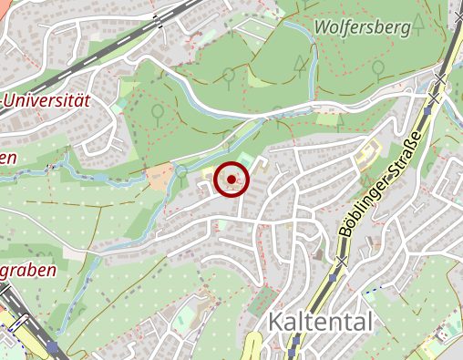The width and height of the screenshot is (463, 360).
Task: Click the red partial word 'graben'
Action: [x=27, y=270]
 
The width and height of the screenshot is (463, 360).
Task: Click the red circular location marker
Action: [x=231, y=180]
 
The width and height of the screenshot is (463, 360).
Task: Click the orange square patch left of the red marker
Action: [x=159, y=176]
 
